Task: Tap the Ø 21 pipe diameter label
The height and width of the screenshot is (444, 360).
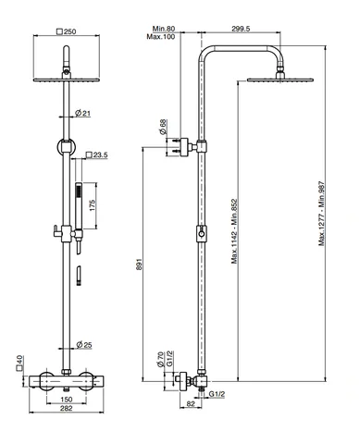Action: coord(82,113)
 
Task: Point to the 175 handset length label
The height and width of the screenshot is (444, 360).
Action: coord(93,205)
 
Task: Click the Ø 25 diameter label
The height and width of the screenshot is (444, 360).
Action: coord(84,344)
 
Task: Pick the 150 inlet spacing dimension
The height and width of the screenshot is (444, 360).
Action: coord(67,400)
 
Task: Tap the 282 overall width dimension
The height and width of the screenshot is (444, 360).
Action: coord(67,408)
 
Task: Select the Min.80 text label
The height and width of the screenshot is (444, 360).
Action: coord(164,29)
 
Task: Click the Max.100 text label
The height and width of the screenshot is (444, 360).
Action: coord(161,37)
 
